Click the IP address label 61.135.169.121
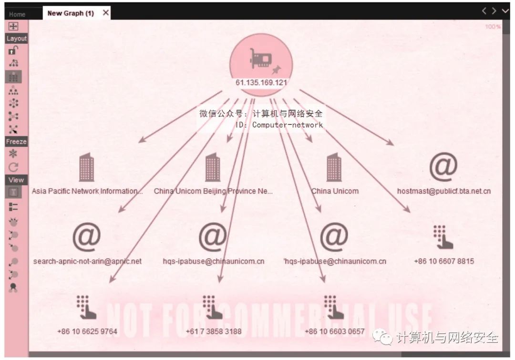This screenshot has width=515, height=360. point(261,82)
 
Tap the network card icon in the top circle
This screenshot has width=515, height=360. point(261,59)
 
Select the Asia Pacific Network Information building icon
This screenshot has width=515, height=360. point(87,167)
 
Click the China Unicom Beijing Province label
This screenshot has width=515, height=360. point(213,191)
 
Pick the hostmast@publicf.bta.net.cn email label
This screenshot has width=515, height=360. point(444,191)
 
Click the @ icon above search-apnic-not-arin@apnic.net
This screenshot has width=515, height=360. point(86,237)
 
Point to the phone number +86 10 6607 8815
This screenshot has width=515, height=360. point(444,261)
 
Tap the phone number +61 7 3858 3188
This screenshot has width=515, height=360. point(214,331)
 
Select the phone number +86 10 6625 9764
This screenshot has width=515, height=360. point(87,331)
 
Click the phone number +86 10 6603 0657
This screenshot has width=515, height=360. point(334,331)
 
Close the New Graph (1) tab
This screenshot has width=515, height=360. point(106,13)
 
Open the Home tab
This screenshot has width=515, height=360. point(17,14)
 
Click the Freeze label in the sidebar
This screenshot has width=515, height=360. point(16,142)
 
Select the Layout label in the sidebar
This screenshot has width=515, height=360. point(16,39)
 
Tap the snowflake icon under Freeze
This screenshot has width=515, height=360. point(13,154)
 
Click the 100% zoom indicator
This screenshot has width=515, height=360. point(493,27)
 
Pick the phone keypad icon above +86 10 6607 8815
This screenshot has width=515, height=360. point(443,237)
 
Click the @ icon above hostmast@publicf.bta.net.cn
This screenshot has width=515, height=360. point(443,166)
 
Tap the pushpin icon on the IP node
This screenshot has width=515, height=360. point(277,69)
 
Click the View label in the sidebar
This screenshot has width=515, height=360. point(16,180)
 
